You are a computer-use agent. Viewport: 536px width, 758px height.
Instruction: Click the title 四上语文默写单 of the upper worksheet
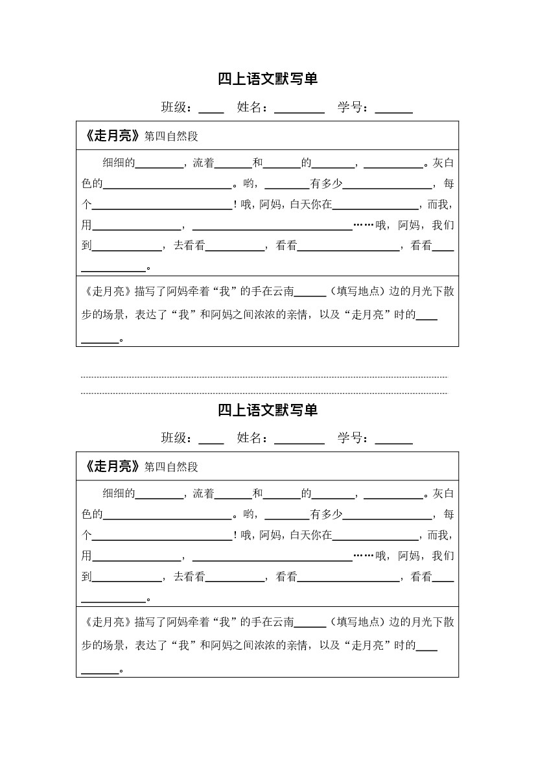(268, 79)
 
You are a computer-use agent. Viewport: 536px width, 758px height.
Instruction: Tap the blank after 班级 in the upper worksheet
(211, 109)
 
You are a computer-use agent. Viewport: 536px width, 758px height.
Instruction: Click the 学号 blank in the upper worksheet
(393, 109)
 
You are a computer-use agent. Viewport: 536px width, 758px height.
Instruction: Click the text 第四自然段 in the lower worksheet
(171, 467)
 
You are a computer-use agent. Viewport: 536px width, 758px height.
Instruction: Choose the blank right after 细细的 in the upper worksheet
(159, 164)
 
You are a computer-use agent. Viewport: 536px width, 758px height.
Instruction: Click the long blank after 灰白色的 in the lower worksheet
(167, 515)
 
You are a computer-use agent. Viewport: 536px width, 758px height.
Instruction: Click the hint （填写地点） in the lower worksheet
(357, 622)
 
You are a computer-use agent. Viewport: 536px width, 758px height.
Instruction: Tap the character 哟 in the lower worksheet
(247, 515)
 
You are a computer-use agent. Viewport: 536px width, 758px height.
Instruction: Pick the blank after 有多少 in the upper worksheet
(388, 185)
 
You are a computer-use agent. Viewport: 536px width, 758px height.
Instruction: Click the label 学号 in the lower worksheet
(351, 438)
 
